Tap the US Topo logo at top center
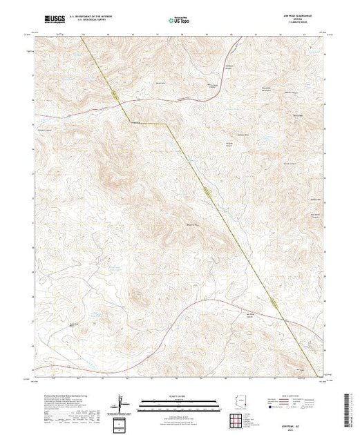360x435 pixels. (x=180, y=21)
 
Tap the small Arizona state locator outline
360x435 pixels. (x=239, y=403)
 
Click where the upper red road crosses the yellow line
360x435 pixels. (x=121, y=104)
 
